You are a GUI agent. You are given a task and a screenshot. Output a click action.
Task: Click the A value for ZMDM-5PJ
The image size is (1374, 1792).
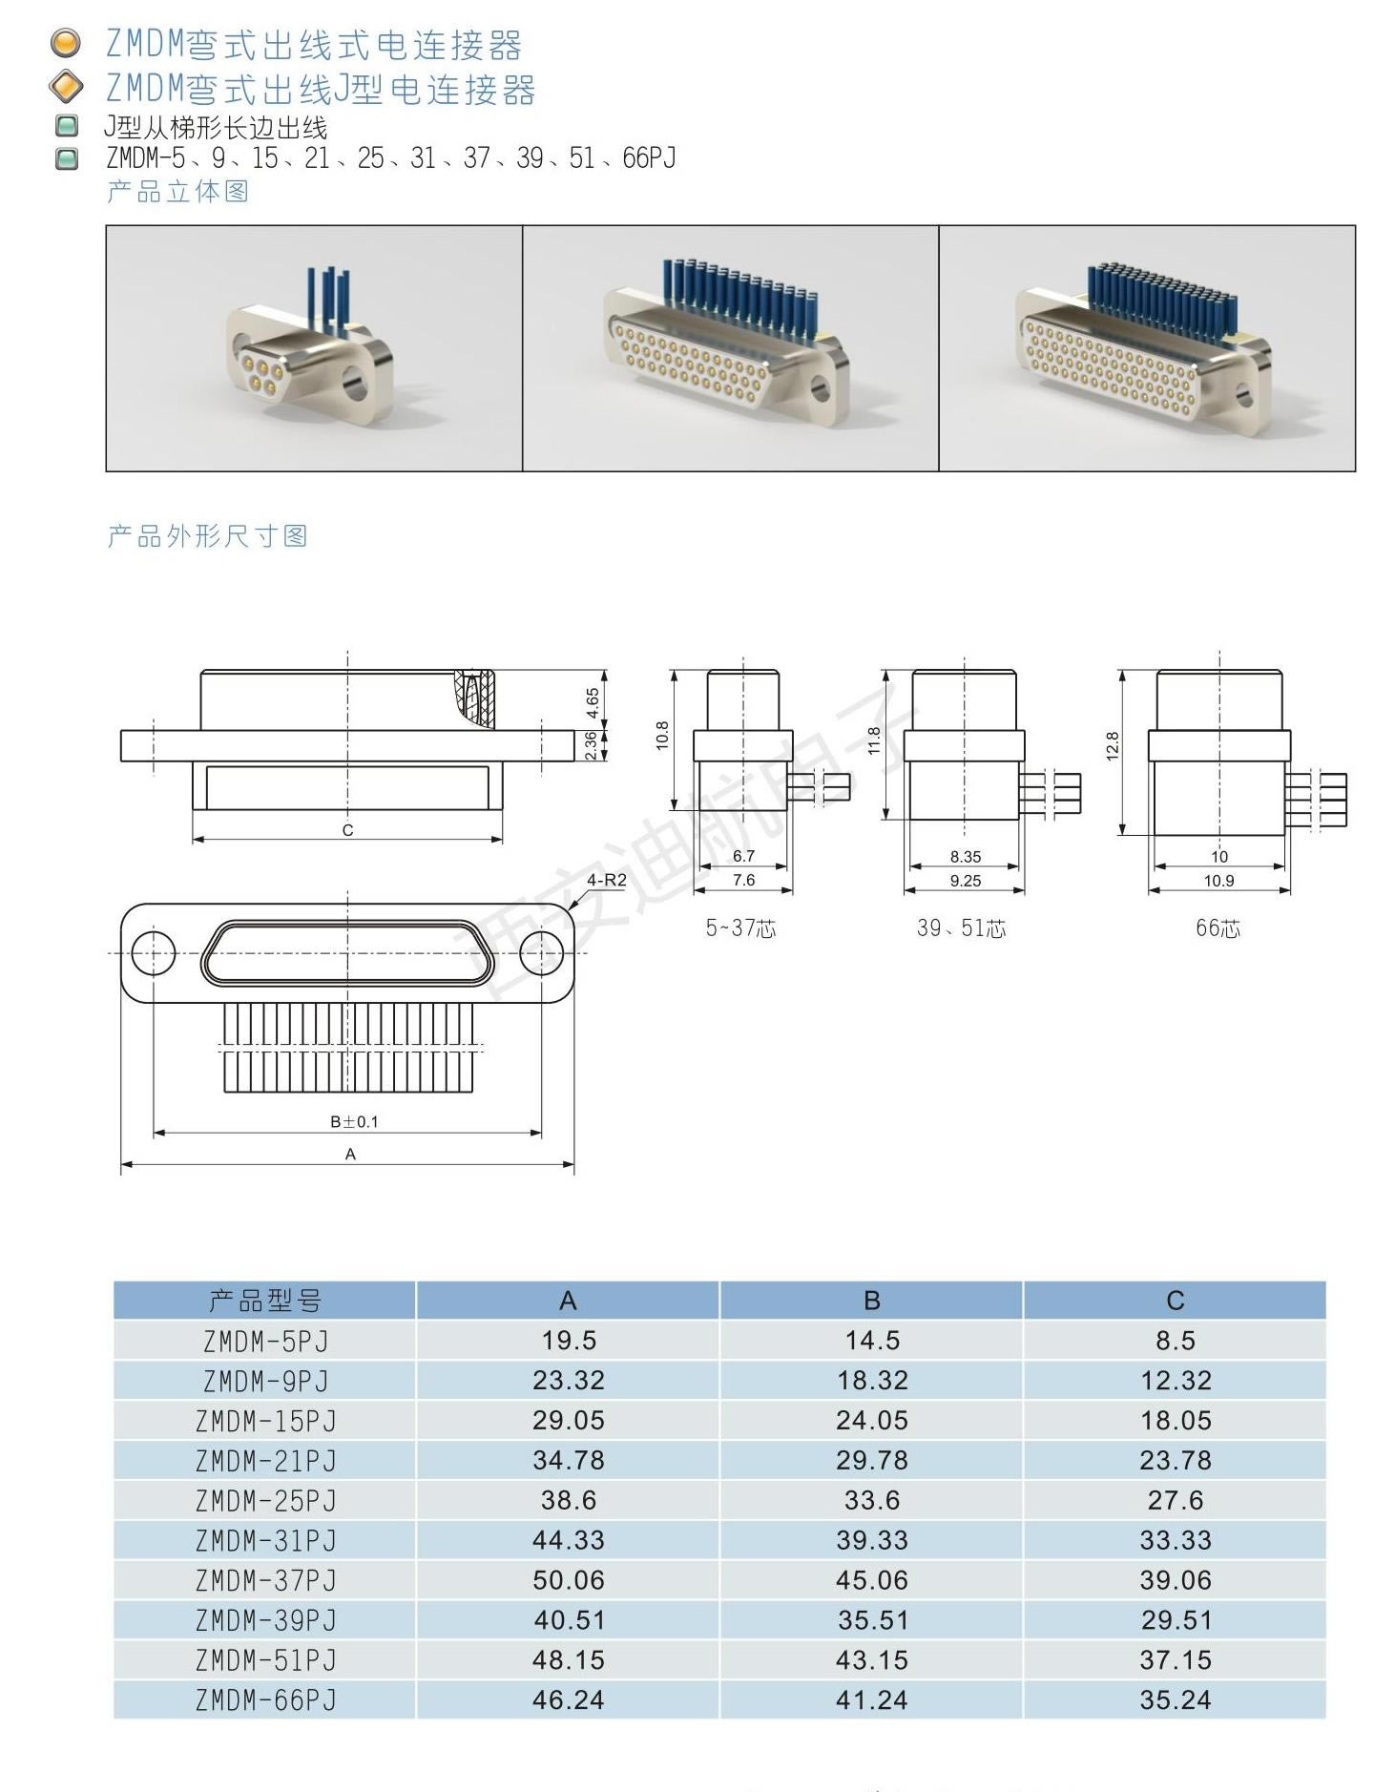coord(569,1340)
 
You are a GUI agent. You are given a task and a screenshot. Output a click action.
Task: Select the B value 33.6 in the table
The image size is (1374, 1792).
coord(872,1500)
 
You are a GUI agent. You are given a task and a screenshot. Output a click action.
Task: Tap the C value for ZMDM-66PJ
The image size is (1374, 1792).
coord(1175,1699)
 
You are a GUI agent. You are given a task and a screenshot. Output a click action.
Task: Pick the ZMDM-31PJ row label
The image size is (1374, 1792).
coord(266,1540)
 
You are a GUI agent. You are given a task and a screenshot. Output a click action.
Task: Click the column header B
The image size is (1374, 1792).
coord(872,1301)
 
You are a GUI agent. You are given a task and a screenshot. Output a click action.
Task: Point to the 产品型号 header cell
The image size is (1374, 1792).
coord(265,1301)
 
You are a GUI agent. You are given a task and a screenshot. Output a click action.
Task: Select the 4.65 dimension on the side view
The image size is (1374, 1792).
coord(593,703)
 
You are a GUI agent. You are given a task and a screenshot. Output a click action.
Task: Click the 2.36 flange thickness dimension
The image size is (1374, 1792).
coord(592,745)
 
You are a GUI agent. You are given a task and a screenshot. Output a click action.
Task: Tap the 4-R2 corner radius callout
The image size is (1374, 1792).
coord(606,880)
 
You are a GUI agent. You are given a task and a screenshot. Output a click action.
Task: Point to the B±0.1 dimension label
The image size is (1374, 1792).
coord(354,1121)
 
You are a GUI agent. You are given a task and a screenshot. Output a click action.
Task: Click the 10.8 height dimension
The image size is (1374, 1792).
coord(662,736)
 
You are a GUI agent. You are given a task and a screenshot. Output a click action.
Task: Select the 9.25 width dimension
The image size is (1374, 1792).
coord(965,881)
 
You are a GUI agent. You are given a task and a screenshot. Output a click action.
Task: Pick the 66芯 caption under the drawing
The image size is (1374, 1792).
coord(1218,928)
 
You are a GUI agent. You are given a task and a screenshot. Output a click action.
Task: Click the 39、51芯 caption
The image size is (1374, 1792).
coord(962,928)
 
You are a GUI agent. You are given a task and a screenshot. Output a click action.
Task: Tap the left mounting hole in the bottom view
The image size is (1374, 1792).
coord(153,953)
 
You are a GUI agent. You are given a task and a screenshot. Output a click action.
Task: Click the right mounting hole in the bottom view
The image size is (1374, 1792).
coord(541,953)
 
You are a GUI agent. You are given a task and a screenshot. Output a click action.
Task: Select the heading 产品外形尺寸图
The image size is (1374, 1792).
coord(207,536)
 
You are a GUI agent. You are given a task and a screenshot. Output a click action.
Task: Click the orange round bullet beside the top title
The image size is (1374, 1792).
coord(65,44)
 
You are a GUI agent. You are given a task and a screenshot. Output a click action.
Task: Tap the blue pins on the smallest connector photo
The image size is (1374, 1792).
coord(328,301)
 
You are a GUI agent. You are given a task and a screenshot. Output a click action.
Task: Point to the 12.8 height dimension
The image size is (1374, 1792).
coord(1112,746)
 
